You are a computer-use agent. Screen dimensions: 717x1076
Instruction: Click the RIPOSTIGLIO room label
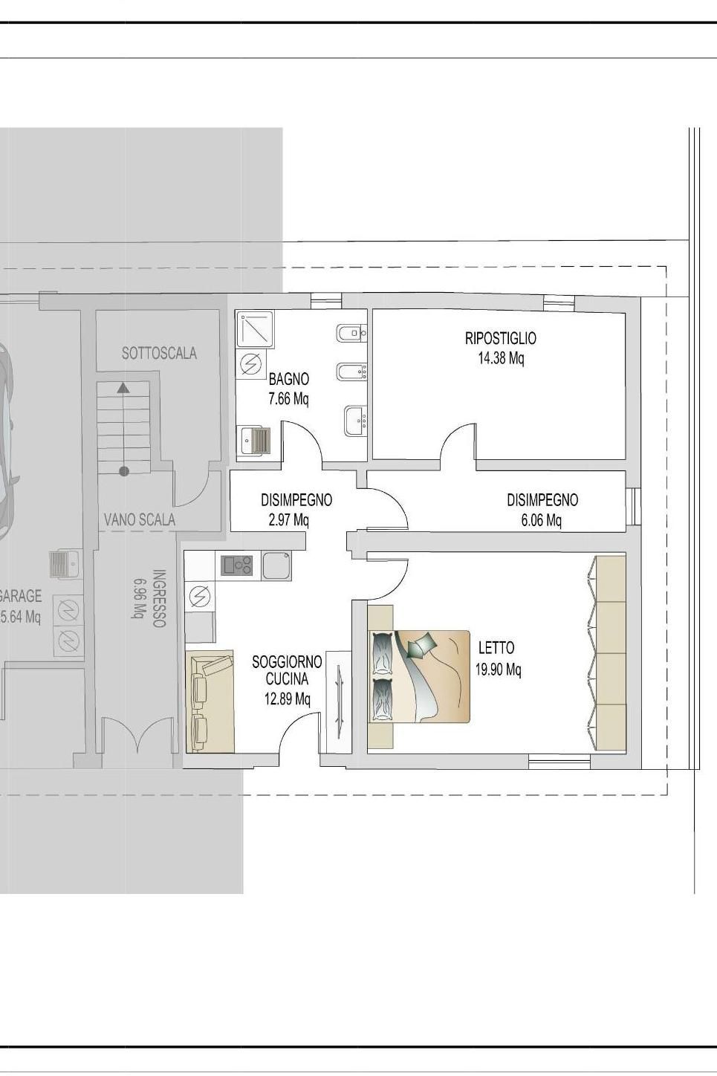[x=500, y=338]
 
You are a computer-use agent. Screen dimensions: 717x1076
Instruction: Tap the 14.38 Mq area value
[x=501, y=358]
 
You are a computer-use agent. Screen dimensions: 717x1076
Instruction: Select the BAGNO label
[x=288, y=379]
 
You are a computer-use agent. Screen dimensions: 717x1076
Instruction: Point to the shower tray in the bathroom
[x=256, y=329]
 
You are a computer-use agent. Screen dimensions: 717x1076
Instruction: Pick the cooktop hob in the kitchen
[x=237, y=565]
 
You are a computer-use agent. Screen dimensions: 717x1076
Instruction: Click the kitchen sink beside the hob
[x=276, y=565]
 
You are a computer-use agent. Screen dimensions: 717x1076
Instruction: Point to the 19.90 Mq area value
[x=498, y=669]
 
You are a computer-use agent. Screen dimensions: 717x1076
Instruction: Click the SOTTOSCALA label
[x=159, y=353]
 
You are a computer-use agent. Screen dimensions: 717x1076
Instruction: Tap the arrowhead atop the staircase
[x=124, y=388]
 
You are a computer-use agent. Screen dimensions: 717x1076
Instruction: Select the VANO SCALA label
[x=140, y=519]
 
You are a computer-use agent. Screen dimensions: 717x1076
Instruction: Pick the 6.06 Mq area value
[x=541, y=520]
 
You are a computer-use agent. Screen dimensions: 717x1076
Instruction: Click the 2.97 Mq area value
[x=288, y=520]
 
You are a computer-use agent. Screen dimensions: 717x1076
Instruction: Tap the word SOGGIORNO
[x=287, y=662]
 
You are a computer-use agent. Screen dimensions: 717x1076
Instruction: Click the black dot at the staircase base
[x=124, y=471]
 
